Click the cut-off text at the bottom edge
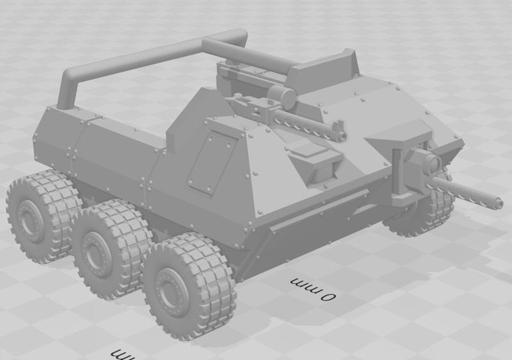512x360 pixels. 122,353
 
